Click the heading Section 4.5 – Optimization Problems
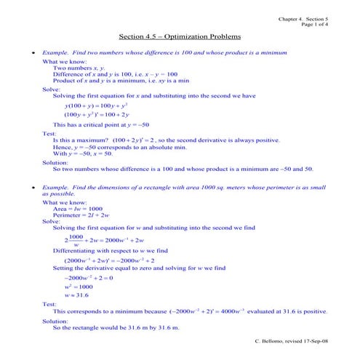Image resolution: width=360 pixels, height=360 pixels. (179, 36)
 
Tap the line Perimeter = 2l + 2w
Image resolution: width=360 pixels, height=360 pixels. (83, 215)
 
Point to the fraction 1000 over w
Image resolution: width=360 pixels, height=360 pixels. (76, 241)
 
